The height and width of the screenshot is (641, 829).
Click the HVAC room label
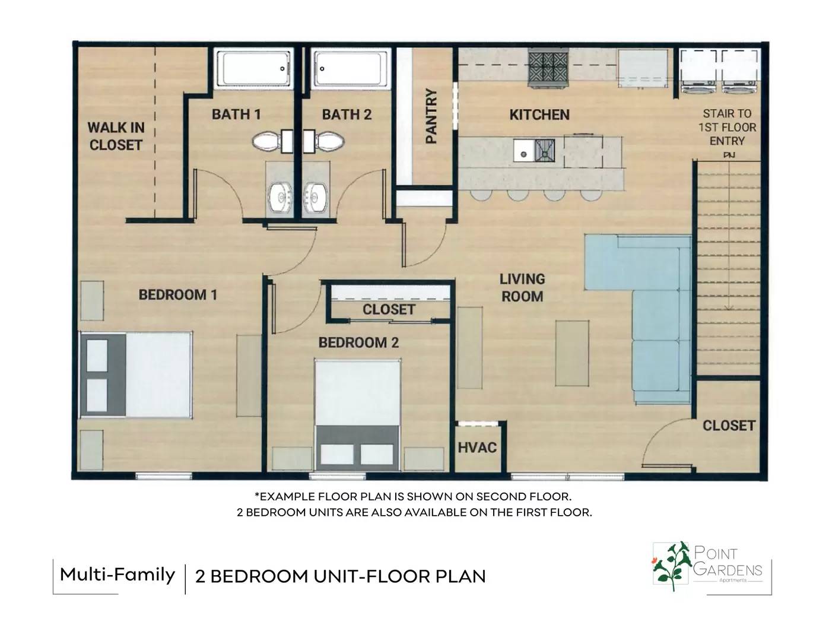coord(477,448)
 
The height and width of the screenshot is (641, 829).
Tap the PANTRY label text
coord(431,116)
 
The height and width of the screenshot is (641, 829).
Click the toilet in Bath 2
coord(324,141)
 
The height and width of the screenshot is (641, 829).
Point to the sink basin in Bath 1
coord(281,197)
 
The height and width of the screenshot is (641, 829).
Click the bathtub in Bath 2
coord(351,69)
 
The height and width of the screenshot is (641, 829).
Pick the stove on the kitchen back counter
coord(548,68)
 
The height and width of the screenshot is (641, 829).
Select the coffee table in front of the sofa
coord(572,353)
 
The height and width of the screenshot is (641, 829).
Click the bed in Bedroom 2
coord(357,415)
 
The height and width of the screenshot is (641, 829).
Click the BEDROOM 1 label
coord(178,295)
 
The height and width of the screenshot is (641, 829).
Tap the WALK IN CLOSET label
coord(116,137)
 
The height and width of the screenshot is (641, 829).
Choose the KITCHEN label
coord(539,115)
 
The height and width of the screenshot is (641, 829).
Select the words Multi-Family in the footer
coord(117,575)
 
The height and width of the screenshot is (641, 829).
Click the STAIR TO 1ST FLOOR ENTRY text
coord(727,127)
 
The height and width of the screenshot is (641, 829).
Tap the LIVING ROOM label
coord(522,288)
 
